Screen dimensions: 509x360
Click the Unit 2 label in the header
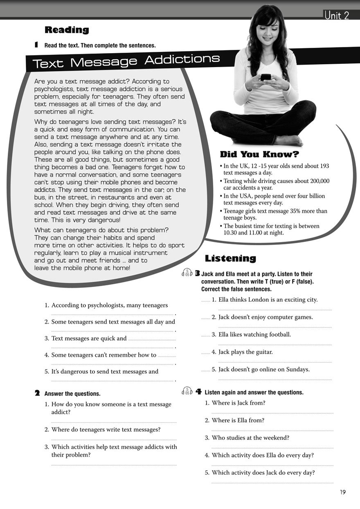point(337,16)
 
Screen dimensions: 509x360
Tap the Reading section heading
point(67,30)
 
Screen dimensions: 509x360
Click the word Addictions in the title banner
point(182,59)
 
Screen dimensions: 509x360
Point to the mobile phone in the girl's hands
point(266,77)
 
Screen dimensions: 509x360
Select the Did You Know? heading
point(259,155)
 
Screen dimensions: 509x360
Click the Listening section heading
point(230,258)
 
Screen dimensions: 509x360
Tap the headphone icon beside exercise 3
point(187,274)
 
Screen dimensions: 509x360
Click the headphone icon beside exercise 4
point(187,392)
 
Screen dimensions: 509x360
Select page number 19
point(342,492)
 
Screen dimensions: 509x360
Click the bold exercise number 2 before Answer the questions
point(37,393)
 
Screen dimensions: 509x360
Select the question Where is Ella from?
point(238,420)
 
